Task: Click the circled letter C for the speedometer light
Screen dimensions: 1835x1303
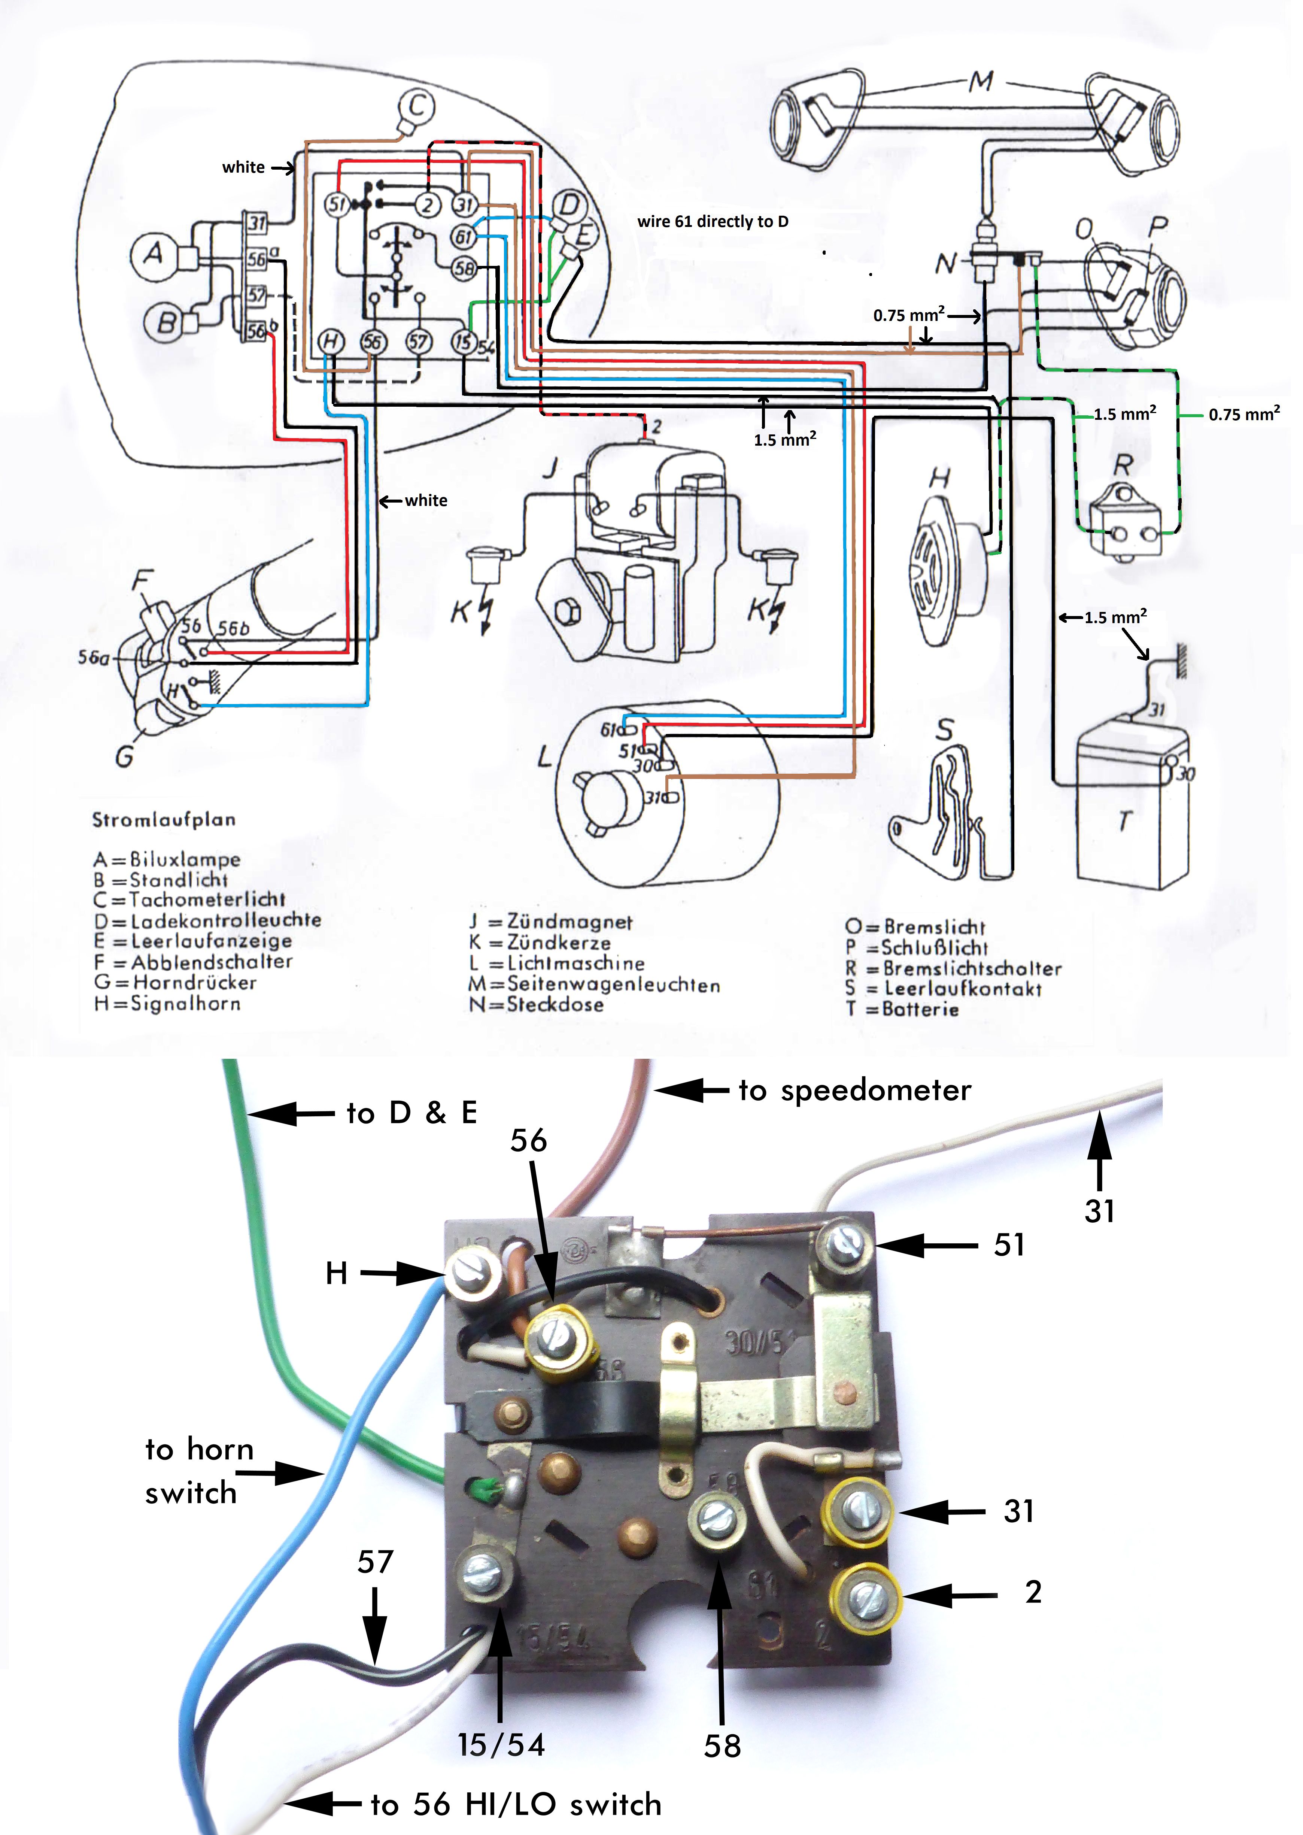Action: tap(417, 106)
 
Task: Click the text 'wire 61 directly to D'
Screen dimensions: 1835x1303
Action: tap(713, 221)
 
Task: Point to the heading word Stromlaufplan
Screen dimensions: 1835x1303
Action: tap(164, 819)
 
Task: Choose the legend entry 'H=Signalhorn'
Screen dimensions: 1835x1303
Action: tap(167, 1003)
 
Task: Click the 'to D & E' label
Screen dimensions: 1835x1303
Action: tap(411, 1113)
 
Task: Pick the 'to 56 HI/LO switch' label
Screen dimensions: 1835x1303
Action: tap(516, 1805)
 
